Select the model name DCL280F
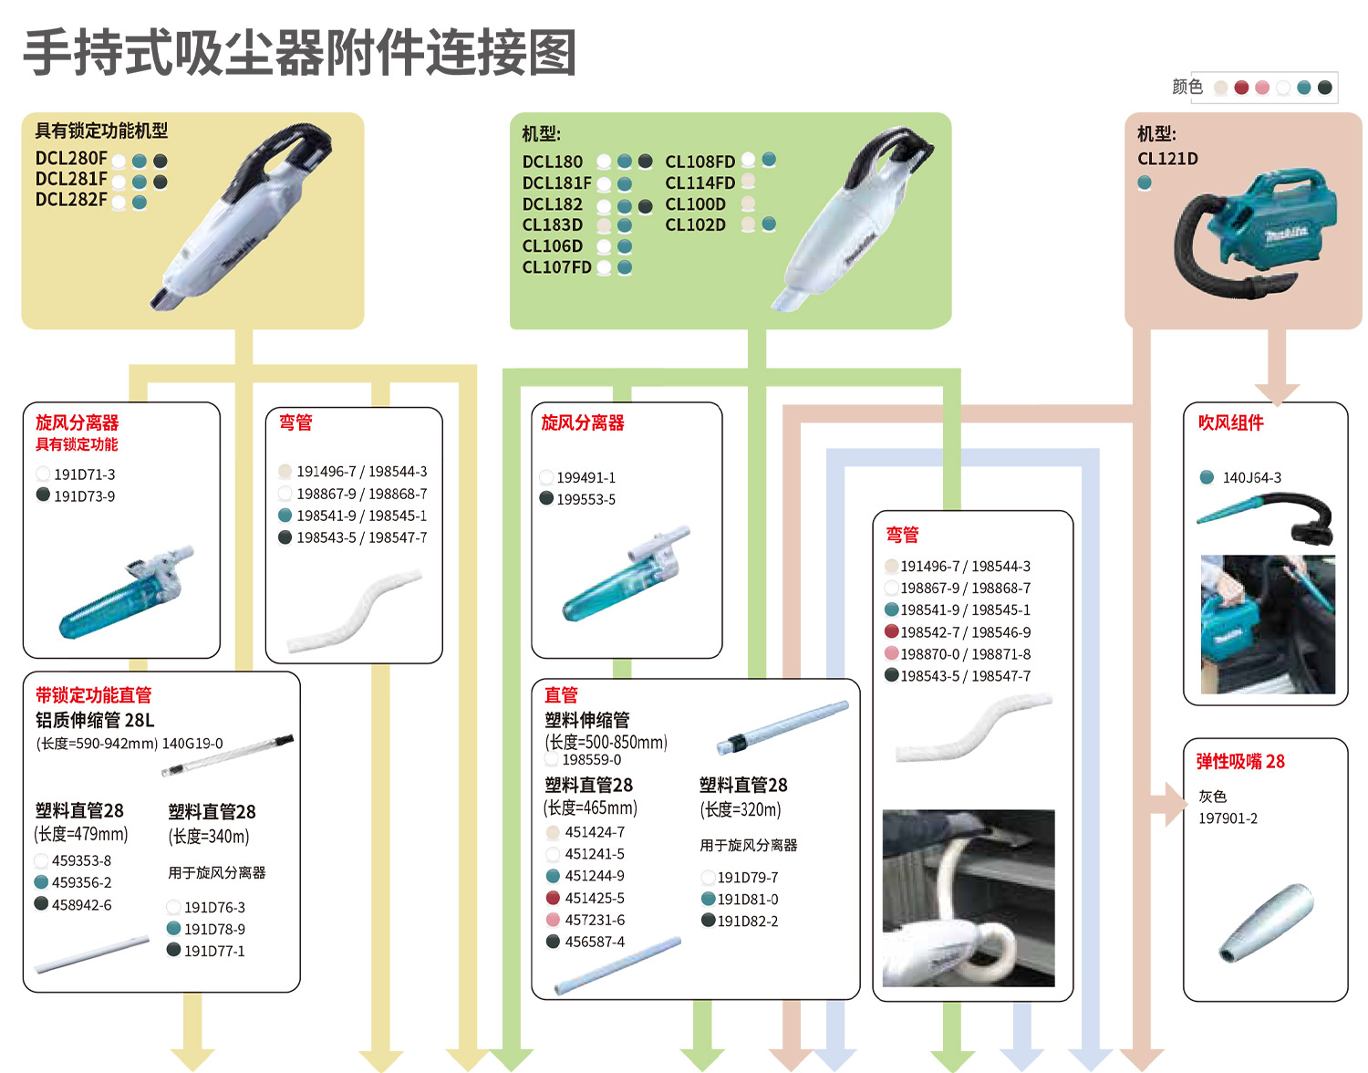tap(71, 159)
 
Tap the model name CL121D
tap(1167, 159)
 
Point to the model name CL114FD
tap(700, 183)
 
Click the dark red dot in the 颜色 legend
tap(1241, 88)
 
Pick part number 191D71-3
tap(84, 474)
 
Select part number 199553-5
tap(586, 500)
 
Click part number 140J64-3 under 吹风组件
tap(1251, 478)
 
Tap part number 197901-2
tap(1228, 818)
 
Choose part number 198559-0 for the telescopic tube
tap(591, 760)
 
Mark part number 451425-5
tap(595, 899)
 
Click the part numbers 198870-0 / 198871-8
tap(965, 654)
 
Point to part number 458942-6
tap(81, 905)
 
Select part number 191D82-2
tap(748, 922)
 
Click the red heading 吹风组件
tap(1230, 422)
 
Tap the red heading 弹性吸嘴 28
tap(1240, 762)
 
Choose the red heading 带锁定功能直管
tap(93, 695)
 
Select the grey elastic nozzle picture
tap(1266, 922)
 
